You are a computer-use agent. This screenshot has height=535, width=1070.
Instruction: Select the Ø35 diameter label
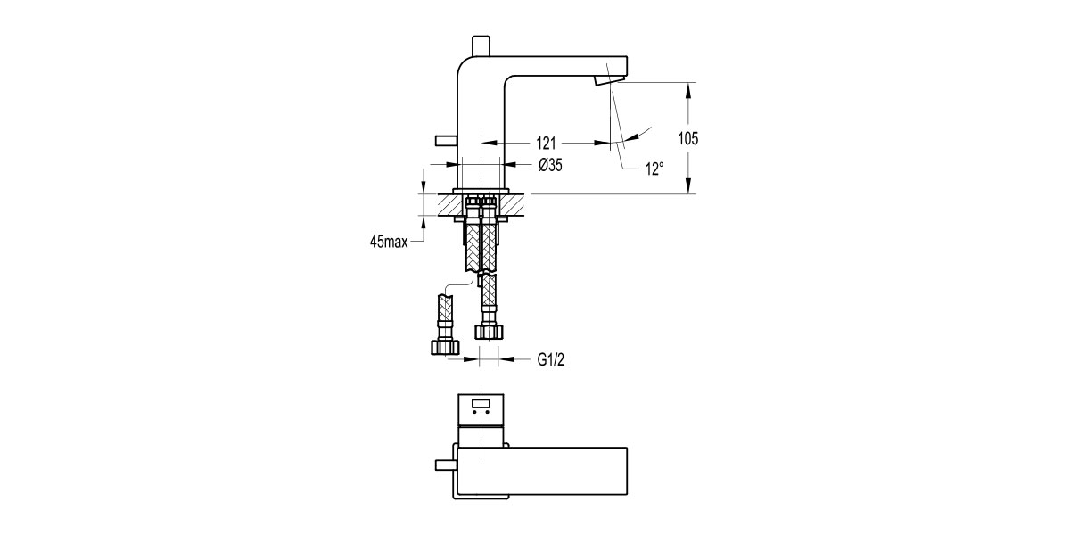click(549, 165)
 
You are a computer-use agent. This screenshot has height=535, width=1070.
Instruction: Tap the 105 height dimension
click(687, 138)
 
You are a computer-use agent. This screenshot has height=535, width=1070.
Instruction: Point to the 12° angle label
click(655, 168)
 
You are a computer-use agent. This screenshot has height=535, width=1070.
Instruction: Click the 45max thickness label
click(389, 242)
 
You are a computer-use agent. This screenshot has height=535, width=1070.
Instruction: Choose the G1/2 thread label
click(551, 359)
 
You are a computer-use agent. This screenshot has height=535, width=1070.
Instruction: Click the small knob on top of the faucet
click(481, 45)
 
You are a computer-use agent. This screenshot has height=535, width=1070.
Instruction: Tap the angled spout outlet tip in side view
click(604, 82)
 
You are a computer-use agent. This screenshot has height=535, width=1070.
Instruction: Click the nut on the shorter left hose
click(445, 346)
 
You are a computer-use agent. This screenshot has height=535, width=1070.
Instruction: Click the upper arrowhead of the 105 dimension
click(687, 88)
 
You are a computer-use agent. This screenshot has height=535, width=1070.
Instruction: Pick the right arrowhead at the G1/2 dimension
click(506, 359)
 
